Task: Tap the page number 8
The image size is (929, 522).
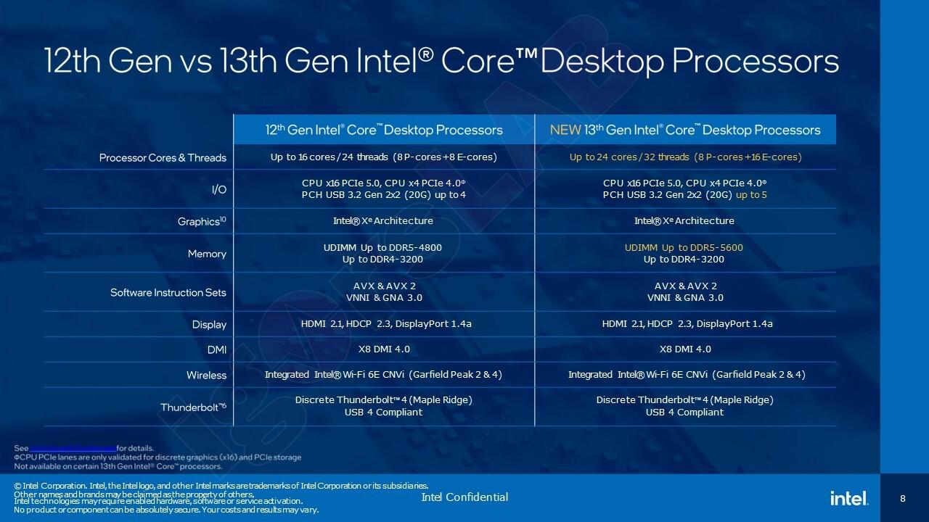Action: [x=903, y=499]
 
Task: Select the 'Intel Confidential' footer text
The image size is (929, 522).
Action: [x=464, y=497]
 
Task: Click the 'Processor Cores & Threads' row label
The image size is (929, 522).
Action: [x=163, y=157]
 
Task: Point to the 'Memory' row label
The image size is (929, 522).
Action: [x=208, y=254]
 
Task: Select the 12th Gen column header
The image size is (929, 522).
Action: [x=383, y=130]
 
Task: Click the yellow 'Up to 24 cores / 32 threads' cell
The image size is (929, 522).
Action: [x=685, y=157]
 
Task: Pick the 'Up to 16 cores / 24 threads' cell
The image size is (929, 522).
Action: [x=383, y=157]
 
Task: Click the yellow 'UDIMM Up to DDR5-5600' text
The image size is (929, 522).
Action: [x=684, y=248]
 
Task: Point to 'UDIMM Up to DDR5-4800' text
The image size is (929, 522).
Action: [x=382, y=248]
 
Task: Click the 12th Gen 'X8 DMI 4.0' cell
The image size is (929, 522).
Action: [x=384, y=349]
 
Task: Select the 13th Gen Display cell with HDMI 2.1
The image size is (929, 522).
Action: [x=687, y=324]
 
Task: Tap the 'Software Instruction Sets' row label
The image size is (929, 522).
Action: [x=168, y=293]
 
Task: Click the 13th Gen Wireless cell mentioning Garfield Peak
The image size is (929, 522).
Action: [x=686, y=375]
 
